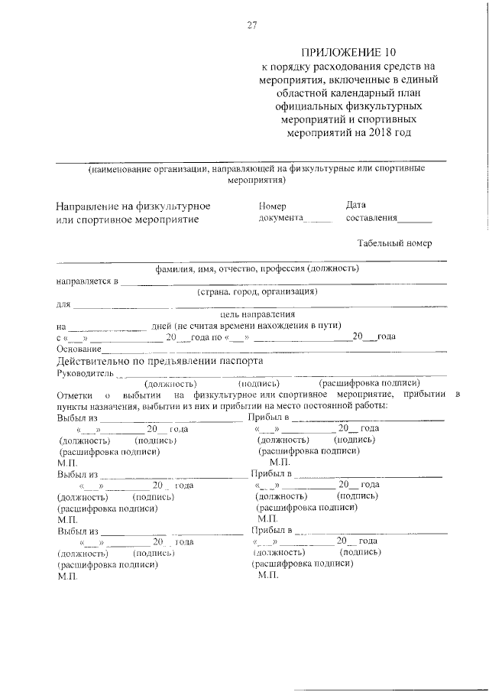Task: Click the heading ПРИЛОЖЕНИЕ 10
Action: pyautogui.click(x=349, y=52)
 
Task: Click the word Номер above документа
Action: pyautogui.click(x=272, y=206)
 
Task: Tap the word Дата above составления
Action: pyautogui.click(x=356, y=205)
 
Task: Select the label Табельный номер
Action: pyautogui.click(x=394, y=243)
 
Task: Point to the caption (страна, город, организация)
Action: pyautogui.click(x=257, y=291)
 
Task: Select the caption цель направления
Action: pyautogui.click(x=257, y=314)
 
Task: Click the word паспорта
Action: pyautogui.click(x=240, y=360)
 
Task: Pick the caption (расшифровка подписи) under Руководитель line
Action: pyautogui.click(x=369, y=383)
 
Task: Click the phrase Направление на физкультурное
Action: pyautogui.click(x=132, y=206)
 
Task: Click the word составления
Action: pyautogui.click(x=372, y=218)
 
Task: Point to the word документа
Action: pyautogui.click(x=281, y=218)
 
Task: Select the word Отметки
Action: pyautogui.click(x=75, y=395)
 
